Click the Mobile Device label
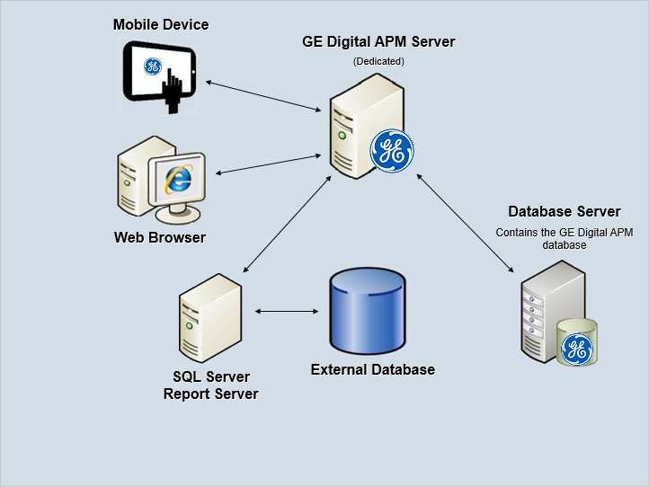(161, 25)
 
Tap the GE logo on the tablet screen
(152, 66)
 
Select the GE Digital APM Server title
(378, 42)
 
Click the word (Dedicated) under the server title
(378, 61)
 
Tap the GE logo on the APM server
(392, 151)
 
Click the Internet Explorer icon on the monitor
(178, 179)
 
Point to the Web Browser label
(160, 237)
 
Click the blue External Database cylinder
(368, 310)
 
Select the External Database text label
(373, 369)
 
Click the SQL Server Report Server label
(210, 385)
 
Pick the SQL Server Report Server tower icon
(210, 318)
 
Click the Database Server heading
(565, 211)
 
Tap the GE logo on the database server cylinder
(577, 350)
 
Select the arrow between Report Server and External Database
(287, 311)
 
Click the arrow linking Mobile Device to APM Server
(263, 96)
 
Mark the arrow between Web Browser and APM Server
(269, 164)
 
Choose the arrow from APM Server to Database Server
(466, 223)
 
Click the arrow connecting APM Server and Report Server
(288, 224)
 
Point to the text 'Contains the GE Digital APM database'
(565, 239)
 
